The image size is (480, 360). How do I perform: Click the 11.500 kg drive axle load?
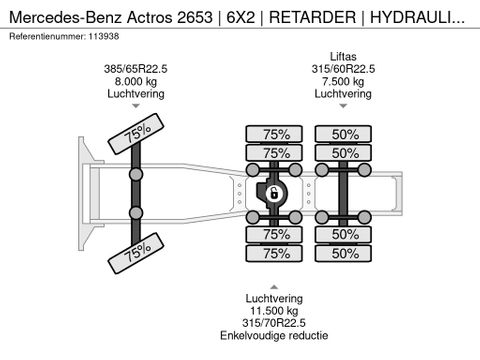point(275,310)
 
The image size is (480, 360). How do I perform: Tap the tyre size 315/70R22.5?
point(275,323)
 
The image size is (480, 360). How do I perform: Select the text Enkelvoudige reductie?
point(275,336)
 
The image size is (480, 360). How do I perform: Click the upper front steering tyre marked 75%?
point(137,136)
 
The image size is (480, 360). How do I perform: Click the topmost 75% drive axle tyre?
point(275,134)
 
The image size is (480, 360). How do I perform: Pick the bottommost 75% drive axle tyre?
point(275,253)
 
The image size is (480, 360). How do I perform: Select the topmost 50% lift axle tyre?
point(345,134)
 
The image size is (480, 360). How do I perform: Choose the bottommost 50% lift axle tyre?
point(345,253)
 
